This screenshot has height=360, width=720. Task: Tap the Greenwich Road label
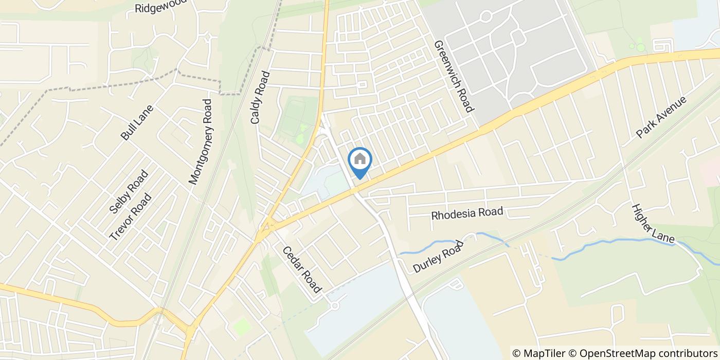click(x=453, y=77)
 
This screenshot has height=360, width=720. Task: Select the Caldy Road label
click(x=260, y=98)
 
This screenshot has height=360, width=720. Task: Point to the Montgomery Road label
click(x=201, y=141)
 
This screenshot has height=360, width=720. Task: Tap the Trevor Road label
click(x=131, y=217)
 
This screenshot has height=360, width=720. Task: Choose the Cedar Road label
click(x=301, y=269)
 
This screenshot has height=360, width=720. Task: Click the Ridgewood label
click(x=159, y=7)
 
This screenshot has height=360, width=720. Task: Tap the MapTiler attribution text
click(x=538, y=353)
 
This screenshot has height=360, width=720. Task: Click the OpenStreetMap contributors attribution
click(x=643, y=353)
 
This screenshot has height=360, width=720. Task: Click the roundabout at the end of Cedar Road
click(x=335, y=306)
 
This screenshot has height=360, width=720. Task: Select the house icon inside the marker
click(x=360, y=159)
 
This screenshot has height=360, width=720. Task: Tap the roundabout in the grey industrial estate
click(x=485, y=16)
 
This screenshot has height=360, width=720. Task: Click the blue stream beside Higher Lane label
click(x=617, y=242)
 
